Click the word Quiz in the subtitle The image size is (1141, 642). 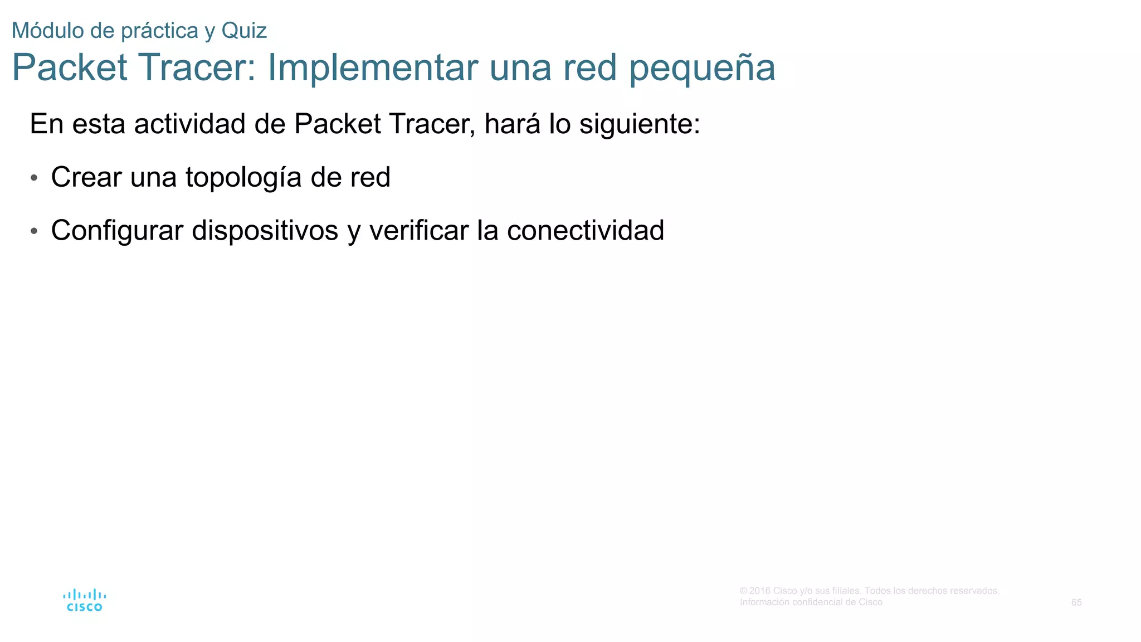pos(244,31)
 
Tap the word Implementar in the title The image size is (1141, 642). pos(373,67)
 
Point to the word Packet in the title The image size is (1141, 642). pos(70,67)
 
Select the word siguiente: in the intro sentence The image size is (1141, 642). pos(640,124)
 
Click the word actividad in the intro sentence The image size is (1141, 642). pos(189,124)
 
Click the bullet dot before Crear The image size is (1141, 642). pos(35,178)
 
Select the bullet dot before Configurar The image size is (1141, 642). pos(35,231)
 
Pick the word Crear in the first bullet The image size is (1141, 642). pos(86,177)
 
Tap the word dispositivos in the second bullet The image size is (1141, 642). pos(265,231)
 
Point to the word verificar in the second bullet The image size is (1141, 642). pos(418,231)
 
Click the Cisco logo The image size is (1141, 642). pos(84,600)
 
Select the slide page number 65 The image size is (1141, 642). pos(1076,602)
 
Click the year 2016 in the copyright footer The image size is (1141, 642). pos(760,591)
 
